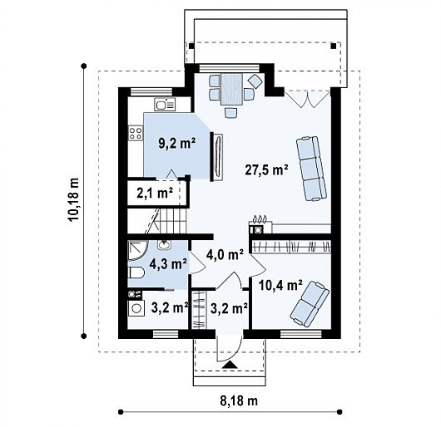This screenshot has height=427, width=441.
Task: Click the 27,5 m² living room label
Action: (x=266, y=169)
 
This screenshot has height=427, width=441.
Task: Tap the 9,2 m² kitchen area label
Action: (x=177, y=144)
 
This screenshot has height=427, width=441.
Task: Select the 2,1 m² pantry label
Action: (x=155, y=193)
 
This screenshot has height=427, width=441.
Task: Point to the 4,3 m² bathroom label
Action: (x=168, y=264)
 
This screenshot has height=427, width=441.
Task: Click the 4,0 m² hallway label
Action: (x=225, y=255)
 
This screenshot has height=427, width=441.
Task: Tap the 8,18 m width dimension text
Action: (x=239, y=401)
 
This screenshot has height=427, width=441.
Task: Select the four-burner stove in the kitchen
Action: (x=136, y=133)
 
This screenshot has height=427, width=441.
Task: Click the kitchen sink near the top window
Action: (x=165, y=104)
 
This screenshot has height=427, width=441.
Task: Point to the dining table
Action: (x=232, y=89)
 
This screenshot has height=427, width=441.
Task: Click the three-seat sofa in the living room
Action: (x=312, y=169)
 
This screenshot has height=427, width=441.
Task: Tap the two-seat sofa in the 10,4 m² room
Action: (x=310, y=304)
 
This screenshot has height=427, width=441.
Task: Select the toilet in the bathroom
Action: (x=136, y=272)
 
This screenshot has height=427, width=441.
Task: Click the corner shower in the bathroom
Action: (x=136, y=250)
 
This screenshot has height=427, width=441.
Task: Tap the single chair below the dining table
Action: (x=231, y=113)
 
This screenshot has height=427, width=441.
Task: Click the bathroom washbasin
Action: (x=164, y=245)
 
